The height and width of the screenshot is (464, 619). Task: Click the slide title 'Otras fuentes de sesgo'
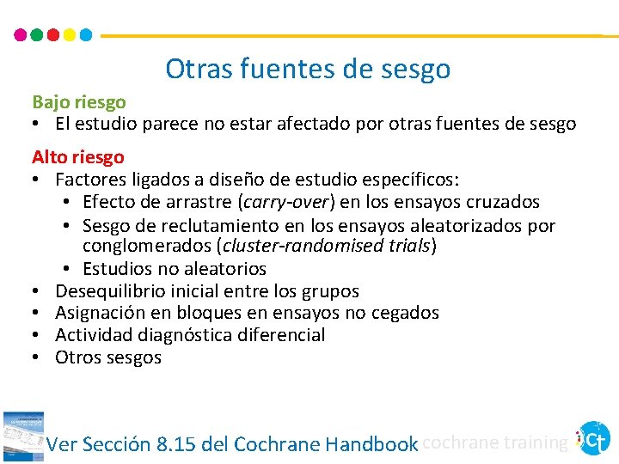tap(308, 69)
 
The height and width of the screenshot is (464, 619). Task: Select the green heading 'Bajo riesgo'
tap(79, 102)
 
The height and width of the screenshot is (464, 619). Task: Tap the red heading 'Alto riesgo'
tap(78, 157)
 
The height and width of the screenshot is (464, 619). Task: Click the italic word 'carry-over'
tap(278, 202)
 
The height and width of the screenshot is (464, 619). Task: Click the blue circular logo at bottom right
tap(594, 438)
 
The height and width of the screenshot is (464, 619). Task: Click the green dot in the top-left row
tap(36, 35)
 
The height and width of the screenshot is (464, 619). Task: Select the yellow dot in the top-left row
tap(69, 35)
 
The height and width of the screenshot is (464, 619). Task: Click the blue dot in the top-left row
tap(85, 35)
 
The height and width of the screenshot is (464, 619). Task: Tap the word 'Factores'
tap(89, 180)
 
